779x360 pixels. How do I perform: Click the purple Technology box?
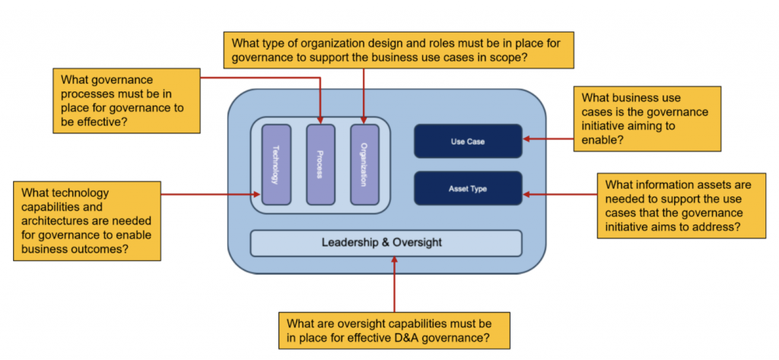275,164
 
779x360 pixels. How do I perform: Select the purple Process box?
320,164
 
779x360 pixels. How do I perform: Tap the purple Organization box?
364,164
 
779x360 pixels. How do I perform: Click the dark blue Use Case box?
468,141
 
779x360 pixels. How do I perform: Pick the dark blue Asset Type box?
468,188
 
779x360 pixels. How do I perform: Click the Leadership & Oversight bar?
386,243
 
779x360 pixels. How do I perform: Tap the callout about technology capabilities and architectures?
87,221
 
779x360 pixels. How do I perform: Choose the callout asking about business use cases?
646,119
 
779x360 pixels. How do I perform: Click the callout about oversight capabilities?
393,329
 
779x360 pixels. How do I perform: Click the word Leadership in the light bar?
351,243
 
